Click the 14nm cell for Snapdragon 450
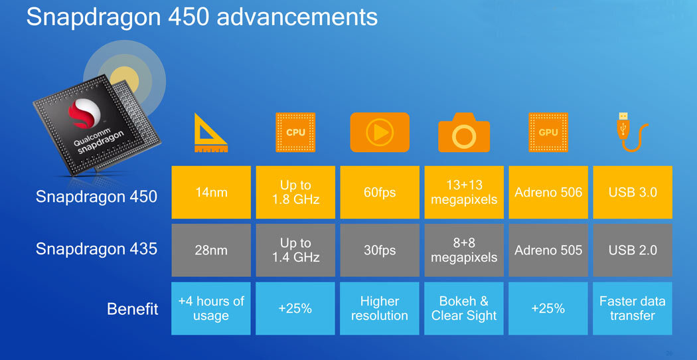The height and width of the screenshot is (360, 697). pos(211,192)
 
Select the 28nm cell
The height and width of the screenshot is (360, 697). pos(211,250)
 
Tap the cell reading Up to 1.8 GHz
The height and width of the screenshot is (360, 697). pos(295,192)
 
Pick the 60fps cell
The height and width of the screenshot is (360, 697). pos(380,192)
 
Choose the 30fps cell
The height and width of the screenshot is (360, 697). pos(380,250)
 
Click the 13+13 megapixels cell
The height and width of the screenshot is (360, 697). pos(464,192)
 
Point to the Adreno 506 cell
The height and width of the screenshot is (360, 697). pos(548,192)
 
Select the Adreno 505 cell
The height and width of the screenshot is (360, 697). pos(548,250)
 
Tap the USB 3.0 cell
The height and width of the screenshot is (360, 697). pos(633,192)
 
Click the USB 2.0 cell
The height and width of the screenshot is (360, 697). pos(633,250)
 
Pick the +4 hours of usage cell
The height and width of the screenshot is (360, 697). pos(211,308)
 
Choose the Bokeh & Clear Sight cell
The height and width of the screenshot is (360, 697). pos(464,308)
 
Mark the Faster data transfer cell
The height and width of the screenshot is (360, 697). pos(633,308)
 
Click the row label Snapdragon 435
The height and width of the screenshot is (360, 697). pos(96,249)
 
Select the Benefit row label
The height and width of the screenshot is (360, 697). pos(133,309)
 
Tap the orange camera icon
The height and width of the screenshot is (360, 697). pos(464,132)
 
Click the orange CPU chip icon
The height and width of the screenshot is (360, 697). pos(295,132)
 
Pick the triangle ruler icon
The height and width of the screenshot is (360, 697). pos(210,133)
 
